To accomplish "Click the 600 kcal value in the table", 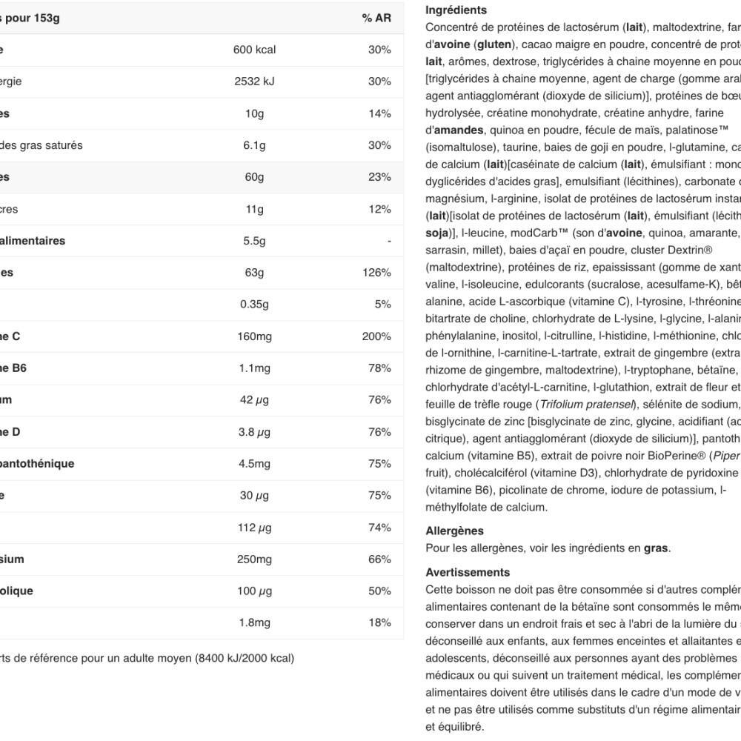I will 254,50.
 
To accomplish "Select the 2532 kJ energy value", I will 254,82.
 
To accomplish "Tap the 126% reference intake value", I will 376,273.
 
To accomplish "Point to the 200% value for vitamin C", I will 376,336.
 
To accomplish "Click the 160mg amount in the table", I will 254,336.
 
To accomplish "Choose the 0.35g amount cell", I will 254,305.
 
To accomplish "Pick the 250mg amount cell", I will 254,559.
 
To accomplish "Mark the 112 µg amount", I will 254,528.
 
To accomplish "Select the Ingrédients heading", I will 456,10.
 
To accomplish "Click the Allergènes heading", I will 454,531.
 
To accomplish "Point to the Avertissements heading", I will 468,572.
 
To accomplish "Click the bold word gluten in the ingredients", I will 493,44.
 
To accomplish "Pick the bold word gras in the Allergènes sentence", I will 656,548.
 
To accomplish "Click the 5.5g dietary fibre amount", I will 254,241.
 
